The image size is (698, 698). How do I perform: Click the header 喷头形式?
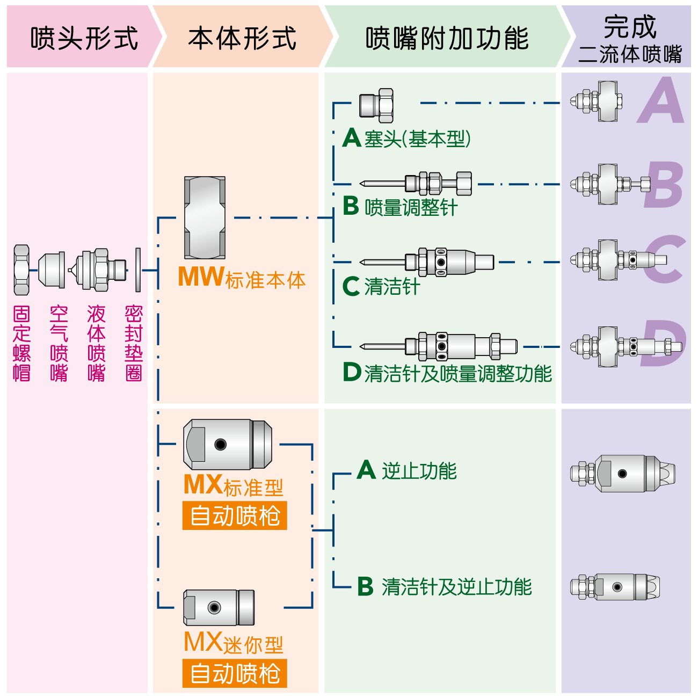pyautogui.click(x=84, y=38)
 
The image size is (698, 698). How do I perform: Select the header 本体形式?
pyautogui.click(x=242, y=38)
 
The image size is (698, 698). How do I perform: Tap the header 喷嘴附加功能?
pyautogui.click(x=447, y=38)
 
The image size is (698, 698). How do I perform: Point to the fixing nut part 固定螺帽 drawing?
pyautogui.click(x=21, y=270)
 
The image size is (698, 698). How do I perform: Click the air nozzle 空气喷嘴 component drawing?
pyautogui.click(x=52, y=270)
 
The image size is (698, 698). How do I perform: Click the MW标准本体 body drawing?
pyautogui.click(x=205, y=217)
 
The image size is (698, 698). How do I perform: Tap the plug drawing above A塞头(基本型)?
pyautogui.click(x=377, y=105)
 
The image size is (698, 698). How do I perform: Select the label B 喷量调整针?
pyautogui.click(x=401, y=207)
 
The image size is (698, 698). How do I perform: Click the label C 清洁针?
pyautogui.click(x=381, y=286)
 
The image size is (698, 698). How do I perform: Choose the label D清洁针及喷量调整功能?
pyautogui.click(x=447, y=373)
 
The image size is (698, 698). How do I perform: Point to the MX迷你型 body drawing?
pyautogui.click(x=219, y=607)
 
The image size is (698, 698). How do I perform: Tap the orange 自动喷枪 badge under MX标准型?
pyautogui.click(x=235, y=516)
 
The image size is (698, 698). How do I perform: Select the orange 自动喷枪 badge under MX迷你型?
pyautogui.click(x=235, y=673)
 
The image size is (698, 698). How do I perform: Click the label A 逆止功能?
pyautogui.click(x=407, y=470)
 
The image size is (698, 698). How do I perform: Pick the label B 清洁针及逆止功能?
pyautogui.click(x=445, y=586)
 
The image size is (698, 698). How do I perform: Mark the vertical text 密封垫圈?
pyautogui.click(x=133, y=343)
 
